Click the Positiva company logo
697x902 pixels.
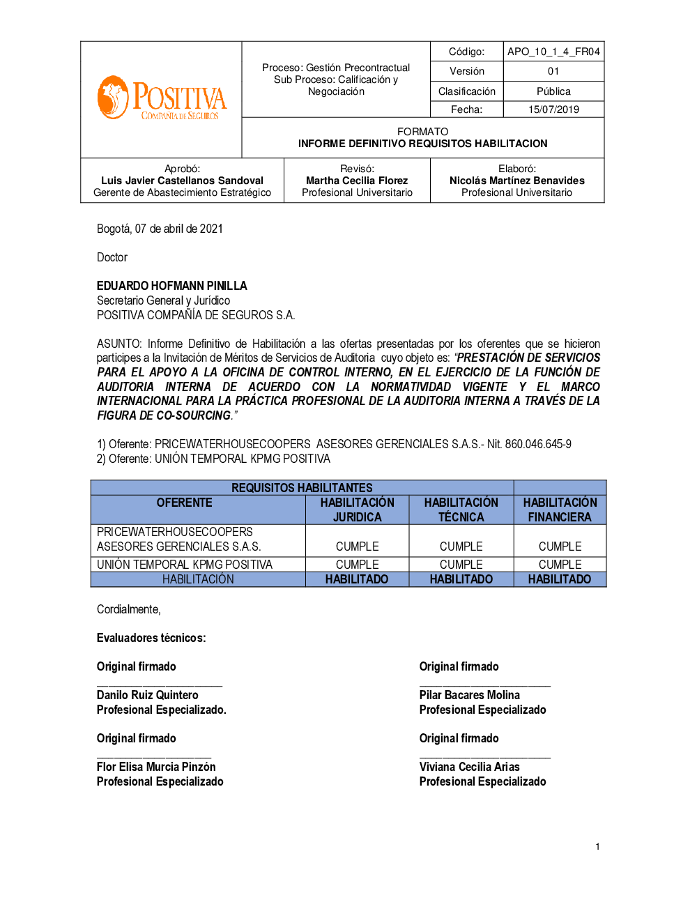coord(162,98)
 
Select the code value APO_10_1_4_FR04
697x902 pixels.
coord(553,52)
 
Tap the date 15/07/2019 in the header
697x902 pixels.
coord(553,109)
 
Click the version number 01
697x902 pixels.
coord(553,71)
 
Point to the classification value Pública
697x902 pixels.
coord(553,91)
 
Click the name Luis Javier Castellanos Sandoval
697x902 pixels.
coord(182,181)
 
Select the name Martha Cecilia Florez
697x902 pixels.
coord(357,181)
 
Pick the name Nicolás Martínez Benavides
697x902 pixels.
coord(516,181)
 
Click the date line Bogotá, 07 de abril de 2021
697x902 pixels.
coord(160,229)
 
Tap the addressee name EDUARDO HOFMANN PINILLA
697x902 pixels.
coord(171,286)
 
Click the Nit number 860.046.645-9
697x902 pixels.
coord(538,444)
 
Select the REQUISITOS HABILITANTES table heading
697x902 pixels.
coord(302,488)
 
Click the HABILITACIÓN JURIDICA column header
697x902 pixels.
coord(357,510)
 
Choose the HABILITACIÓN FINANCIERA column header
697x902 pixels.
coord(560,510)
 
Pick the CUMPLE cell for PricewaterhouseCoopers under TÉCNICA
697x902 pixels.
coord(461,546)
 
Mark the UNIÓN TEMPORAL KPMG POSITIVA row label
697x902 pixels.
coord(184,565)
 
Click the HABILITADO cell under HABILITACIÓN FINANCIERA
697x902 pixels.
coord(559,579)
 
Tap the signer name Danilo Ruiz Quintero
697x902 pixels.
coord(147,695)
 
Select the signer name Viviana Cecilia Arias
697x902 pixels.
coord(469,767)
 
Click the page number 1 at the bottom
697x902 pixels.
coord(597,847)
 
